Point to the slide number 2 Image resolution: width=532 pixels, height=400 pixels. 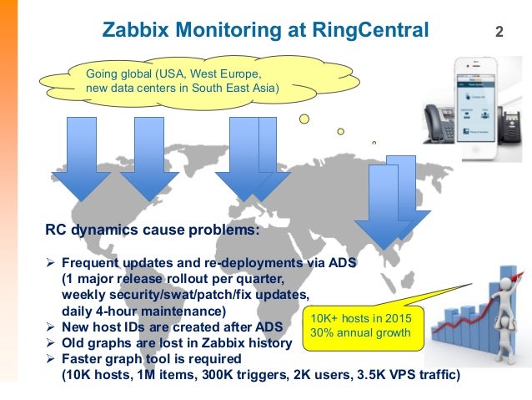point(499,33)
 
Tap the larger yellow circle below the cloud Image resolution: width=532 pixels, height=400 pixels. point(304,119)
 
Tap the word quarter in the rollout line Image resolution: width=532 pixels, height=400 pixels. point(258,279)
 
